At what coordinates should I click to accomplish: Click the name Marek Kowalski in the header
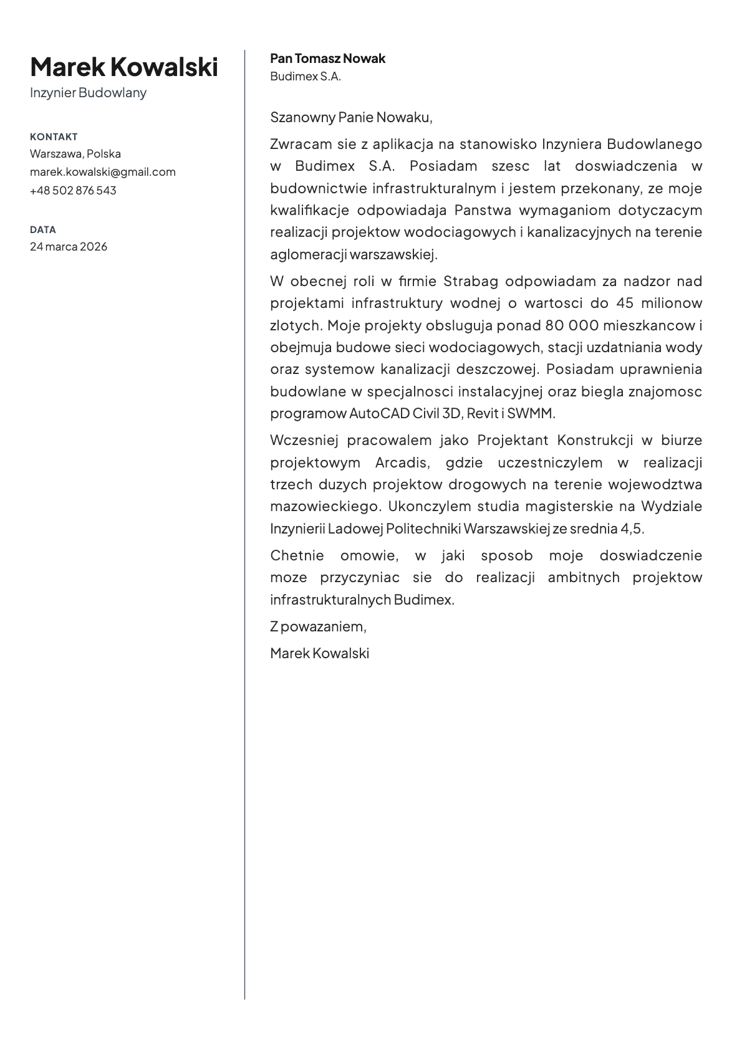[x=124, y=67]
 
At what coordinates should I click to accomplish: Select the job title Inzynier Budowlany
[x=88, y=93]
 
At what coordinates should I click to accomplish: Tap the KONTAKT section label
[x=54, y=137]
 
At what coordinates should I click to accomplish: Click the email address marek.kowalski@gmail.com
[x=102, y=171]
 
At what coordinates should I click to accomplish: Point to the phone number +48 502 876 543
[x=73, y=190]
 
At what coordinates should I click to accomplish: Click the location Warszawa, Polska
[x=75, y=153]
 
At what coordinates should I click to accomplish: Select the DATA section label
[x=42, y=229]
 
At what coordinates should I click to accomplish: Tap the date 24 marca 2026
[x=69, y=246]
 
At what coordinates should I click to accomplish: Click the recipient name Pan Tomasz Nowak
[x=327, y=59]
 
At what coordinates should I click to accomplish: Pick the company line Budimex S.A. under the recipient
[x=306, y=77]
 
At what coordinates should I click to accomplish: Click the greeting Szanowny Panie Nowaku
[x=351, y=117]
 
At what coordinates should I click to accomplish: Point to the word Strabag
[x=471, y=281]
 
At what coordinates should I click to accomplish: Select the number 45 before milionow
[x=625, y=303]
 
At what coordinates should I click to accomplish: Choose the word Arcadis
[x=402, y=462]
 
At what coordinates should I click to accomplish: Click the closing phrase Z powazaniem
[x=318, y=626]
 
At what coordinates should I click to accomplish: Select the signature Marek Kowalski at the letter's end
[x=319, y=653]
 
